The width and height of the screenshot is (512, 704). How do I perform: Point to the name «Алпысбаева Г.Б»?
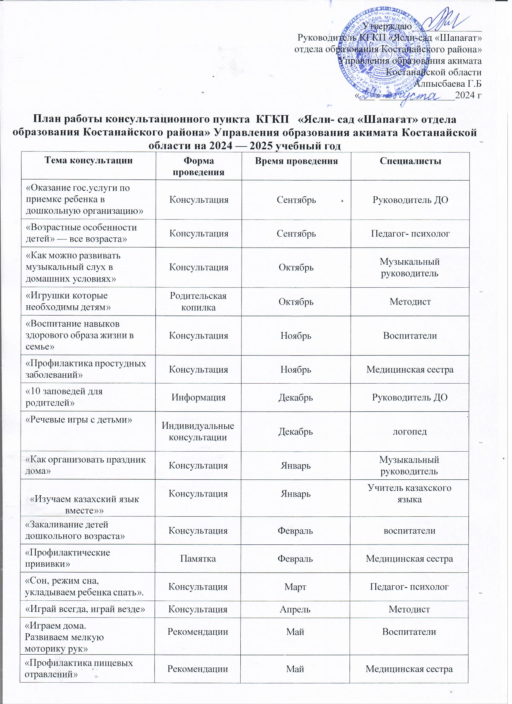448,83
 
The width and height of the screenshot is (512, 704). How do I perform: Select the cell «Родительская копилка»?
198,301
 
